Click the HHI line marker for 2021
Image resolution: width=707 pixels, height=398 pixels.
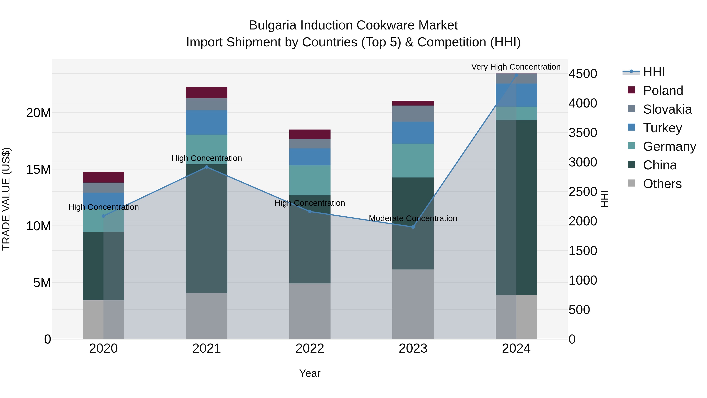[x=207, y=167]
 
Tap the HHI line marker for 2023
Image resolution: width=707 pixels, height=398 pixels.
[x=413, y=227]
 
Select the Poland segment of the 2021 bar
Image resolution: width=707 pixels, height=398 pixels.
[x=207, y=93]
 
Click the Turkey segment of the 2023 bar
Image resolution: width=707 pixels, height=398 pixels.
[x=413, y=133]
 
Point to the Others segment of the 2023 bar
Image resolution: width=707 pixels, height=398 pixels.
[x=413, y=304]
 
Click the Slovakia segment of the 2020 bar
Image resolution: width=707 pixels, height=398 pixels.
[x=103, y=188]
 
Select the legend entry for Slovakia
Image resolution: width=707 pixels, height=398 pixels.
[x=667, y=109]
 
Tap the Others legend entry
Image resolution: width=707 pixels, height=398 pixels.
[x=662, y=184]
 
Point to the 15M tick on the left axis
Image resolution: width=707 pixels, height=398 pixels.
[x=38, y=169]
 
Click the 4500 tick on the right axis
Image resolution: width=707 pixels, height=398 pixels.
[x=582, y=74]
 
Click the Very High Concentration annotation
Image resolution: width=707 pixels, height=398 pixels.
[x=516, y=67]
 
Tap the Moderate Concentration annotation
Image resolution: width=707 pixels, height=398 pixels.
[x=413, y=218]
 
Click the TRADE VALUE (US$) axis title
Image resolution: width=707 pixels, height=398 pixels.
[x=6, y=199]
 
